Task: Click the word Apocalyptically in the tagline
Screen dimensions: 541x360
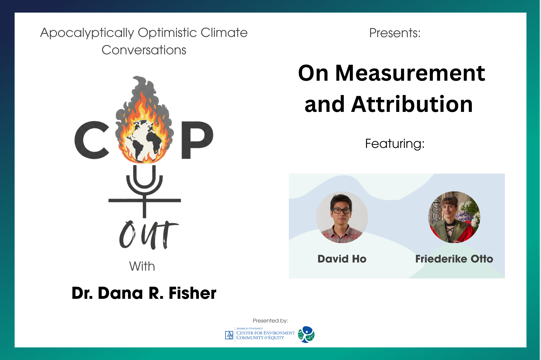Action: click(x=87, y=33)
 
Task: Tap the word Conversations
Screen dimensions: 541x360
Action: click(x=144, y=50)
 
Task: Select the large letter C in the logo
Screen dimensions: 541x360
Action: click(x=92, y=140)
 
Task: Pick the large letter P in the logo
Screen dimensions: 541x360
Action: click(x=197, y=140)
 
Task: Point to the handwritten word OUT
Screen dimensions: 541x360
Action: click(x=149, y=235)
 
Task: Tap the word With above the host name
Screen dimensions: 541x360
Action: click(x=142, y=266)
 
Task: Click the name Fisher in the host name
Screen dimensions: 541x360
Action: click(x=193, y=293)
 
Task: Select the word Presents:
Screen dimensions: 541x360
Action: click(x=395, y=33)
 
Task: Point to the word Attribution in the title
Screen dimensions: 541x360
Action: click(x=412, y=104)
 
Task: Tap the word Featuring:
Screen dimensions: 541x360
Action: click(x=395, y=144)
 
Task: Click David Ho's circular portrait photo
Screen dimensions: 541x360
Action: click(x=342, y=217)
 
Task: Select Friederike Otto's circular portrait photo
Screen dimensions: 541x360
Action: click(x=454, y=217)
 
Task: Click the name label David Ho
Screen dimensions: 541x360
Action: click(x=342, y=259)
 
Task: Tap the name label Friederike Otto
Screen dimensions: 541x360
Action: click(x=454, y=259)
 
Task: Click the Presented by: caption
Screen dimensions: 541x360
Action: click(x=270, y=321)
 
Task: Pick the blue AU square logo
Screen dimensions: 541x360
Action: click(x=229, y=335)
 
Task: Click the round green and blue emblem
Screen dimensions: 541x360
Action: click(x=306, y=334)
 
